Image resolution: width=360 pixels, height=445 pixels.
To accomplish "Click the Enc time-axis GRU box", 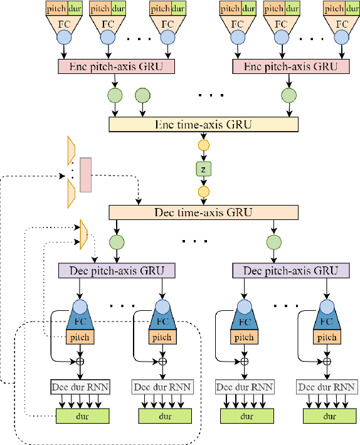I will pos(203,125).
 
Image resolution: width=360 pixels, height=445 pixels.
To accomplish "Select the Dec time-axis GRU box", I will pos(203,212).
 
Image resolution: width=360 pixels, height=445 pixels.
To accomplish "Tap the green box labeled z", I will pos(203,169).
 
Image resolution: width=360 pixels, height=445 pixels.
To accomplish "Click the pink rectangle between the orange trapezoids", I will pos(85,175).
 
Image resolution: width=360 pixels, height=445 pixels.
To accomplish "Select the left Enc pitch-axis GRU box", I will pos(116,66).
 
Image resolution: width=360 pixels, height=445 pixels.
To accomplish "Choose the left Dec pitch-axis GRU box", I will pos(116,270).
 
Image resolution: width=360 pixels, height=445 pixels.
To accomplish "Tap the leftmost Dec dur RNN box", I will pos(80,387).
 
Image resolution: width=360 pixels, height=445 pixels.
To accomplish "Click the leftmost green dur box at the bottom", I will pos(83,415).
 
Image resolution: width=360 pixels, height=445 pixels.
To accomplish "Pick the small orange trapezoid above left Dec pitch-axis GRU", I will pos(83,233).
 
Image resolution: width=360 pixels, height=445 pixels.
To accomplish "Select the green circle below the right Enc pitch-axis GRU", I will pos(289,95).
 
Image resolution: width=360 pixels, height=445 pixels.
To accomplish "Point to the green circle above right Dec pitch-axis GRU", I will pos(273,243).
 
